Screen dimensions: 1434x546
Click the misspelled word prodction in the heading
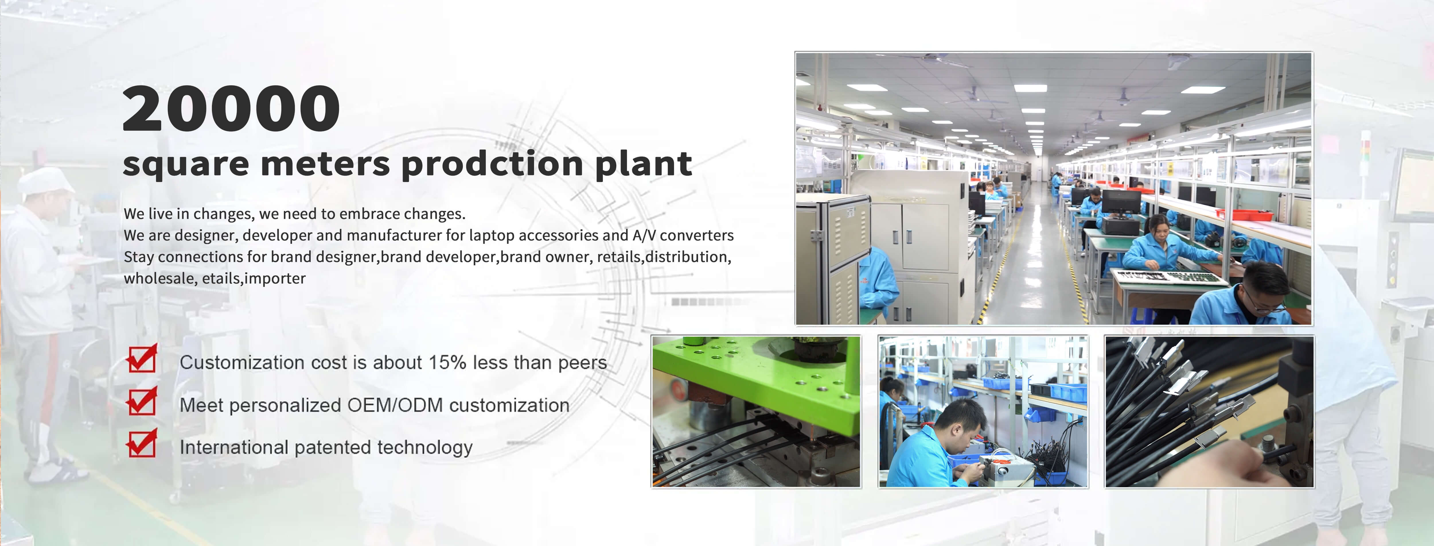click(492, 164)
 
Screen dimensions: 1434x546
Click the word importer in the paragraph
click(275, 278)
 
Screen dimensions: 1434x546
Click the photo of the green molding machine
click(756, 412)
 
